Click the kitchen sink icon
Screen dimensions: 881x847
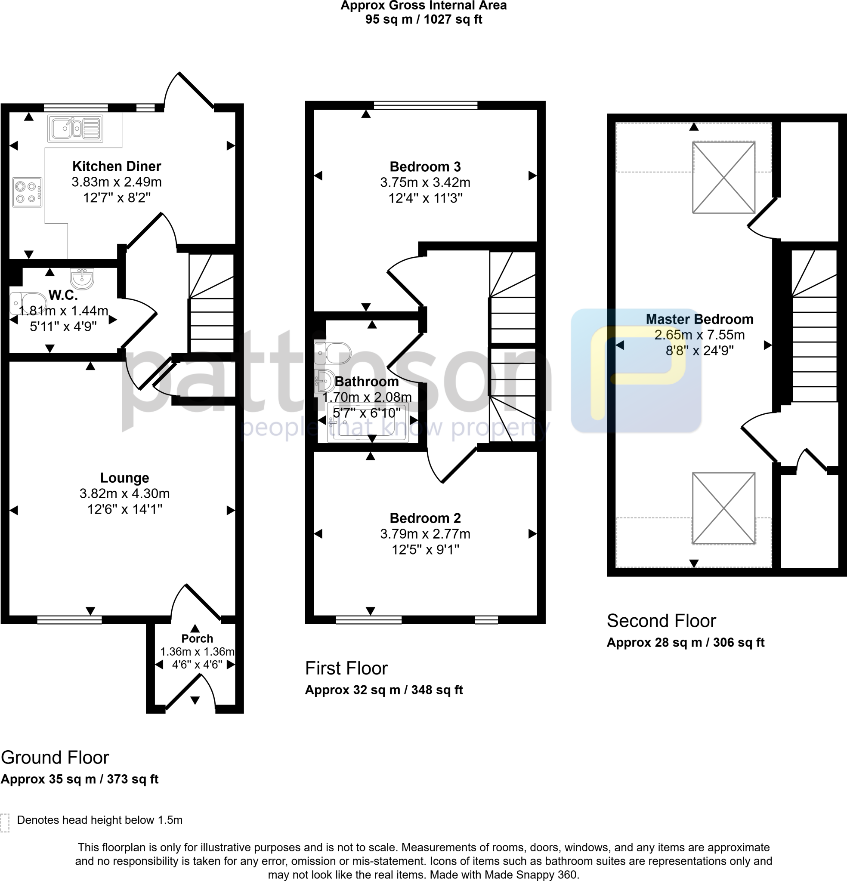(75, 129)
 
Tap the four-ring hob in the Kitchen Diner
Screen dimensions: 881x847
(27, 192)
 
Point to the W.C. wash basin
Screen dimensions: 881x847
(82, 278)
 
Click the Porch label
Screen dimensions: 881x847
(197, 638)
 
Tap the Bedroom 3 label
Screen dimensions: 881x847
(425, 167)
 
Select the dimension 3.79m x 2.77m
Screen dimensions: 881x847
(425, 534)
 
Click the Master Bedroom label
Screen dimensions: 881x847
(699, 319)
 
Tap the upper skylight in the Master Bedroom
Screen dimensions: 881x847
(723, 177)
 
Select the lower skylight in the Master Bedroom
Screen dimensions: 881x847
(723, 508)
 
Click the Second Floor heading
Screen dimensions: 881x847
(661, 621)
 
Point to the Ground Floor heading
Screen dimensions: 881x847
(55, 758)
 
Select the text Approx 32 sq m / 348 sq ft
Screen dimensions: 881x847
(384, 690)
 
